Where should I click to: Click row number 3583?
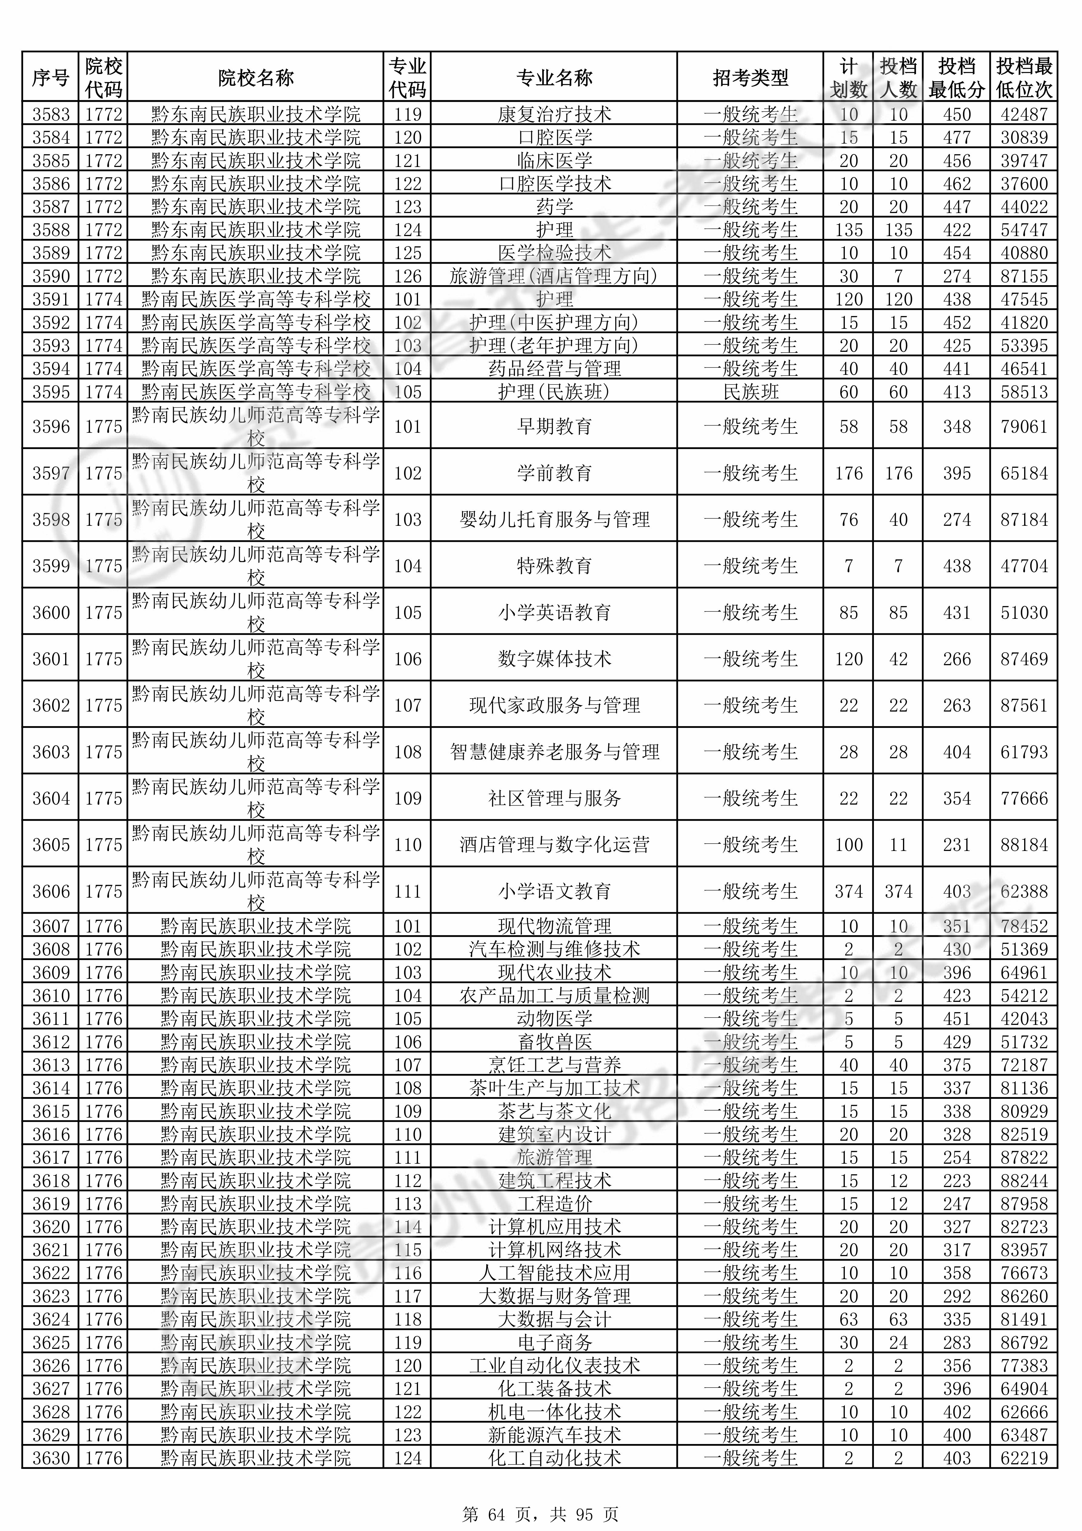coord(51,114)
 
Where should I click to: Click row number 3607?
coord(51,926)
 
